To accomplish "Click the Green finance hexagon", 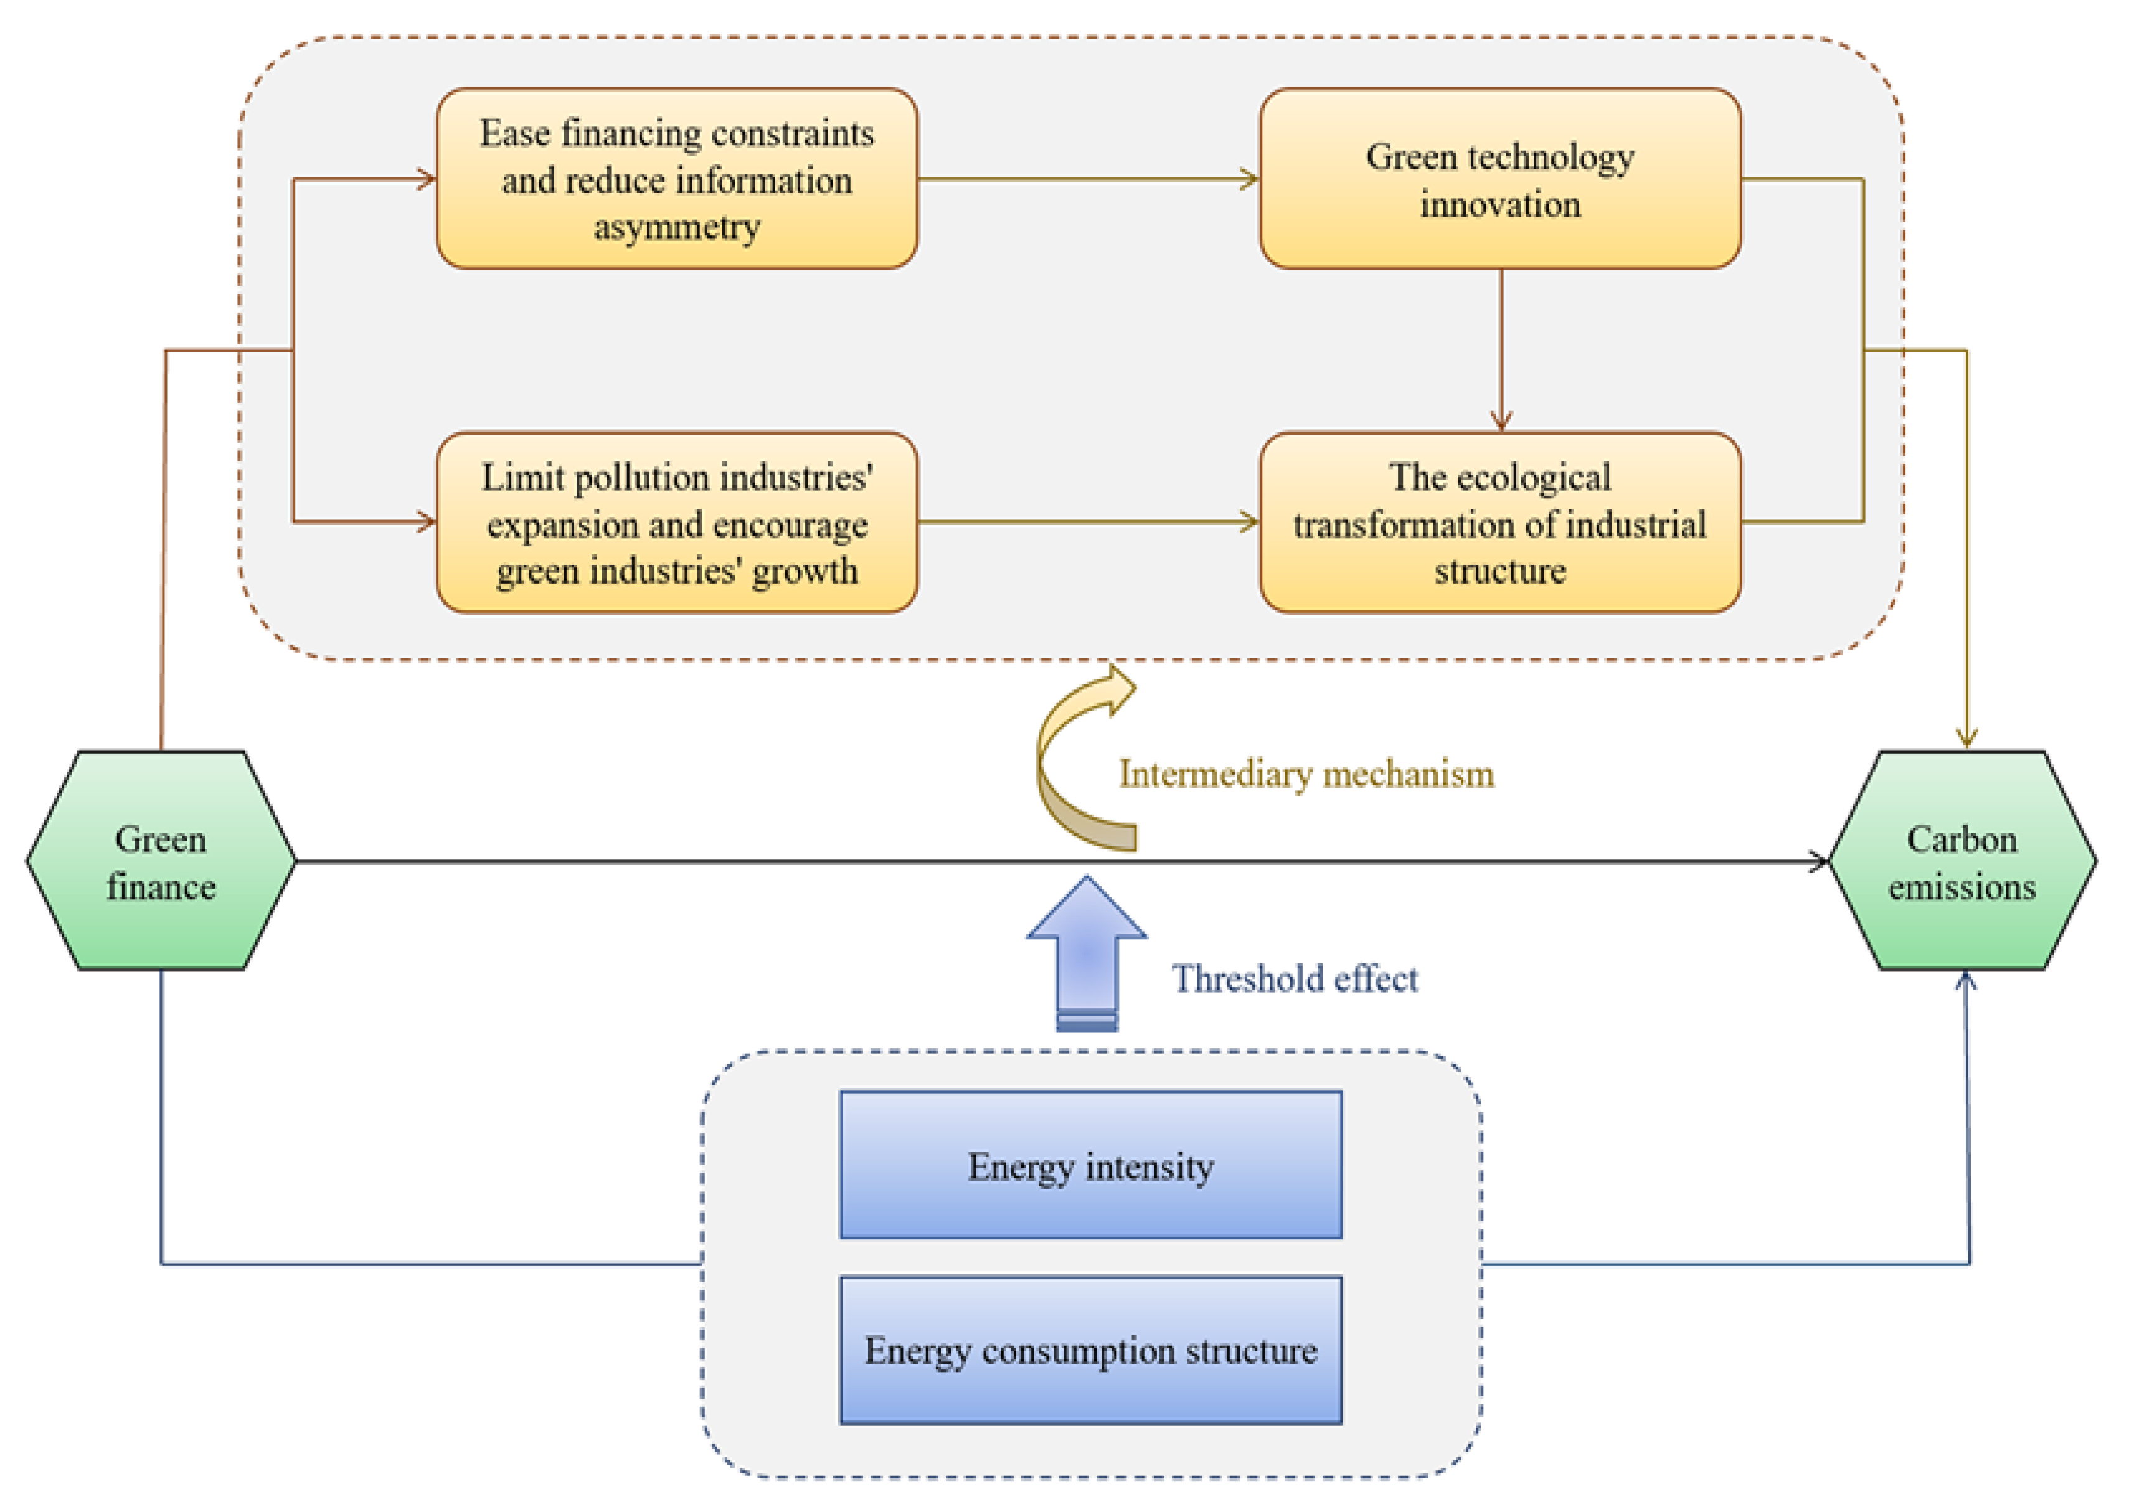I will [x=161, y=861].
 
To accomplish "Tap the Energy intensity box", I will [x=1090, y=1165].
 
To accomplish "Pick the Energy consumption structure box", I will [x=1090, y=1350].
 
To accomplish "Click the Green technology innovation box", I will [x=1499, y=179].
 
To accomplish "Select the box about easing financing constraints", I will [x=677, y=179].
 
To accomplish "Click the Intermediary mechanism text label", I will [x=1306, y=773].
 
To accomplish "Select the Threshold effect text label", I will [x=1295, y=978].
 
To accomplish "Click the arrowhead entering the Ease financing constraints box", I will [x=427, y=179].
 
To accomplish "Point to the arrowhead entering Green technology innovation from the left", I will [x=1250, y=179].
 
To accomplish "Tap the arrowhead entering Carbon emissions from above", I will [x=1966, y=739].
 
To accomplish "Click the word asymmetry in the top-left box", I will [x=677, y=226].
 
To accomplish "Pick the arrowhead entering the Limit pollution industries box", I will [x=427, y=522].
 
